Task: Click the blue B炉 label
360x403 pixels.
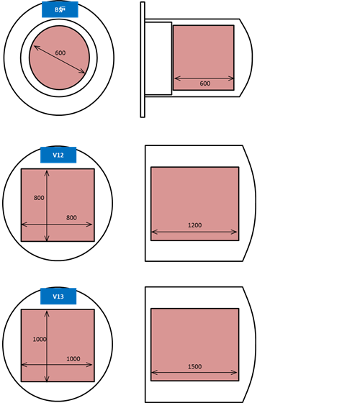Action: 60,9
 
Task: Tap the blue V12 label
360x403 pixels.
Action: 58,155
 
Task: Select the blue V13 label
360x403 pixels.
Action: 58,296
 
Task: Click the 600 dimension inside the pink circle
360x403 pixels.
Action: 60,53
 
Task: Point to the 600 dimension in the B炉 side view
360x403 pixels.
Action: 205,83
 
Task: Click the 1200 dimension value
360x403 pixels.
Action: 194,225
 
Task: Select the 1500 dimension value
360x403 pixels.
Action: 194,367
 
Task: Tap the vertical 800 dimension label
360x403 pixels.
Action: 39,198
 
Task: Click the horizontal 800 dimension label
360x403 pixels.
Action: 71,218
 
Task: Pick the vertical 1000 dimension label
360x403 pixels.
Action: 40,340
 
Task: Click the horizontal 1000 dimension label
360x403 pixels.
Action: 73,359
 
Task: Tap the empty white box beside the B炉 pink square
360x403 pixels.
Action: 158,58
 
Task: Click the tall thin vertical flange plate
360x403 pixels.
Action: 143,60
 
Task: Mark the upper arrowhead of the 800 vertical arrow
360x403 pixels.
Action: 47,171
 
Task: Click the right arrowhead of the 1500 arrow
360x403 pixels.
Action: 235,373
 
